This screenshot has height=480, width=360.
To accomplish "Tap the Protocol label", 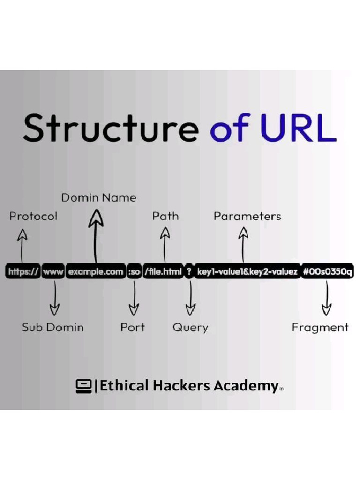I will click(x=33, y=216).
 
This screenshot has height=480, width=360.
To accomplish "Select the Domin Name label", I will click(x=98, y=198).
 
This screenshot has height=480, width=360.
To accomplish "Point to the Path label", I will click(x=165, y=216).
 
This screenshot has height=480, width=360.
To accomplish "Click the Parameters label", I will click(x=247, y=216).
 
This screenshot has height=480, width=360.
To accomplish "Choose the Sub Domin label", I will click(x=52, y=327).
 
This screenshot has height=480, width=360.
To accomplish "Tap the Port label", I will click(x=133, y=327).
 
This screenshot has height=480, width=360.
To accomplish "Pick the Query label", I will click(x=190, y=327).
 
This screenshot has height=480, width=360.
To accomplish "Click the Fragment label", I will click(x=320, y=327).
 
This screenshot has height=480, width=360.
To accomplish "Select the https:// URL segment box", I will click(x=23, y=272).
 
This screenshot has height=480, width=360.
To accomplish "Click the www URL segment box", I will click(x=53, y=272).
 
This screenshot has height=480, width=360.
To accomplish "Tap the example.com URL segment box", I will click(x=96, y=272).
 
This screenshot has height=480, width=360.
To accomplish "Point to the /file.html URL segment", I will click(x=163, y=272).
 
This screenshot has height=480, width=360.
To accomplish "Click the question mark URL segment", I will click(x=189, y=272).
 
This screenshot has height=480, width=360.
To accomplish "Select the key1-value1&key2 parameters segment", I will click(x=247, y=272).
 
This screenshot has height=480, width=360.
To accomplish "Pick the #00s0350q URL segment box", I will click(x=328, y=272).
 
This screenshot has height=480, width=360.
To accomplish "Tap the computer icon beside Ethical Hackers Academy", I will click(x=83, y=386).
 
